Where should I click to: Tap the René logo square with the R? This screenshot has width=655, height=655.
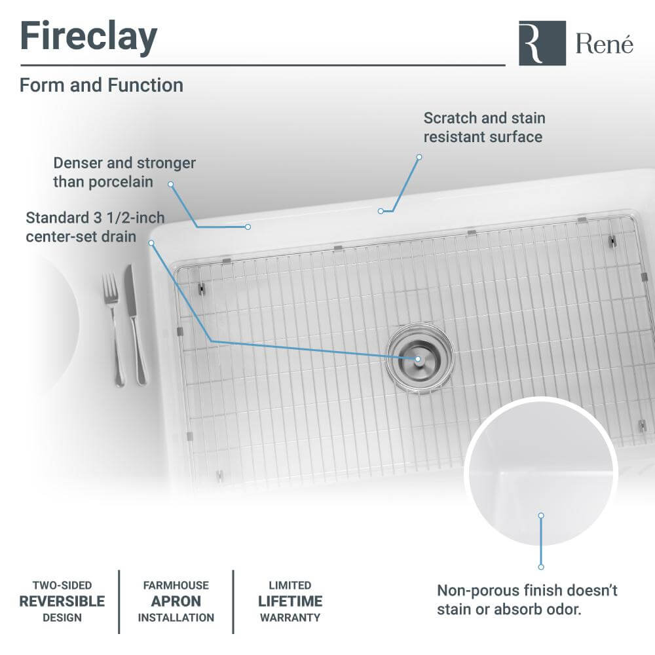(x=542, y=43)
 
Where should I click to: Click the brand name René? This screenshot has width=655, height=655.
(x=604, y=44)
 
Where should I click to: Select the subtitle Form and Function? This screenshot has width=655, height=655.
(x=102, y=85)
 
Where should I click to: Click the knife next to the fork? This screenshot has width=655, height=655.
(x=136, y=324)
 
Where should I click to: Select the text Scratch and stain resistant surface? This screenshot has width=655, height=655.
(x=484, y=127)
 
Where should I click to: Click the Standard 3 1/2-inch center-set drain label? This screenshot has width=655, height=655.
(x=95, y=226)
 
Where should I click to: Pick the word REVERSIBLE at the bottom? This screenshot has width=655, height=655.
(x=62, y=601)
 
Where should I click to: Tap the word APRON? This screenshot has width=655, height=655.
(x=176, y=601)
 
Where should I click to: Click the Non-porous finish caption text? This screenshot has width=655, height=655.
(x=527, y=599)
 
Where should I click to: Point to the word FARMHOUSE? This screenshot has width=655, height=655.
(x=176, y=586)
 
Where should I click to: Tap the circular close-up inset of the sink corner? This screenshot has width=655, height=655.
(x=541, y=472)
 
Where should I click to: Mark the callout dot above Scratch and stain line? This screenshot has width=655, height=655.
(x=419, y=157)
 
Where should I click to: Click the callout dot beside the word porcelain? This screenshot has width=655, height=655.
(x=170, y=184)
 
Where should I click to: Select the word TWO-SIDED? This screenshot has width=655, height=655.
(x=62, y=586)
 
